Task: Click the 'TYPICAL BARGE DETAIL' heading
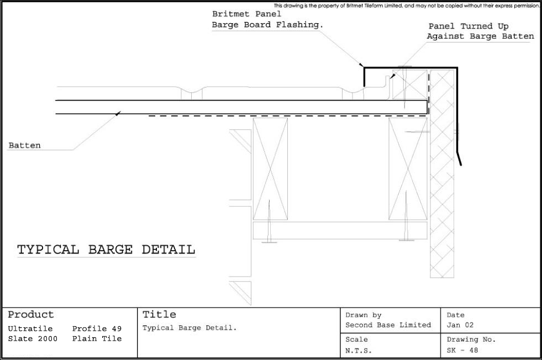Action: coord(107,250)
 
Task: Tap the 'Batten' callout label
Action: coord(24,145)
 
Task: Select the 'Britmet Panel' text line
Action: coord(246,14)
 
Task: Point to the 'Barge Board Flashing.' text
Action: coord(267,25)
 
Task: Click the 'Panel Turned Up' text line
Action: coord(469,27)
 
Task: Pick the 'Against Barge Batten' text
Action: coord(481,36)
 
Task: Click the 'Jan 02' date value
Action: coord(460,325)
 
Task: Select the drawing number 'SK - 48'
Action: coord(462,350)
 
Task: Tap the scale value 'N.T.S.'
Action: coord(359,350)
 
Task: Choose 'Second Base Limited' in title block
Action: coord(388,325)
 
